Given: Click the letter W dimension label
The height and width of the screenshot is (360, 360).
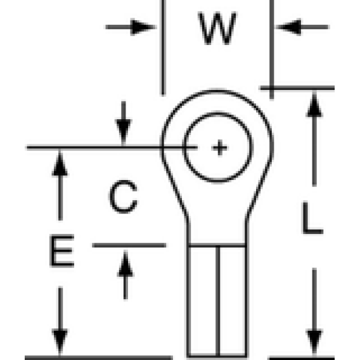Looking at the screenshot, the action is (x=217, y=28).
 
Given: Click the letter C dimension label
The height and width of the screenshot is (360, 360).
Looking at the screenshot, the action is (x=124, y=196).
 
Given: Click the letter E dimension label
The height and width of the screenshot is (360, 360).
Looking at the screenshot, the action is (x=62, y=251).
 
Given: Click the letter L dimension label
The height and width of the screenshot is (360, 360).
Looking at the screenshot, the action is (x=313, y=217).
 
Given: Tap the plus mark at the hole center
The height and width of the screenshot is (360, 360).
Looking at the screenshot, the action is (x=219, y=148).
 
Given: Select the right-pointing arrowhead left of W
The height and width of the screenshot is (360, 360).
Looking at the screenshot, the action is (x=143, y=27).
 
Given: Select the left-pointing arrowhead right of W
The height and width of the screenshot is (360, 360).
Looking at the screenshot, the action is (x=288, y=27).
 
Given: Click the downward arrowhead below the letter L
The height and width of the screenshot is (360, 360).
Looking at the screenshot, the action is (x=314, y=342).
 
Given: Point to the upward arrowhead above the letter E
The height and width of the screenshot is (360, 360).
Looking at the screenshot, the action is (x=60, y=163).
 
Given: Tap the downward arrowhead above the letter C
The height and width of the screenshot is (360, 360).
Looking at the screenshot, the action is (x=124, y=132).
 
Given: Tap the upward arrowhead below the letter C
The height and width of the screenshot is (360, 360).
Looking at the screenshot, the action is (x=125, y=264).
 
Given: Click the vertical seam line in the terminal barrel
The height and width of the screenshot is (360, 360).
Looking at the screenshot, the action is (x=218, y=301).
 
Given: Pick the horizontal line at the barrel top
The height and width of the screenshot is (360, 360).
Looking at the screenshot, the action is (x=217, y=245).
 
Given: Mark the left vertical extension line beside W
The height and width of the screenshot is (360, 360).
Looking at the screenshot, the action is (x=163, y=48).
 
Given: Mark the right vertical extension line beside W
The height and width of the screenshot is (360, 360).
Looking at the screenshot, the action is (x=272, y=49).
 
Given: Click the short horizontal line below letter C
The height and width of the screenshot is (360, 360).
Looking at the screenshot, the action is (x=129, y=245).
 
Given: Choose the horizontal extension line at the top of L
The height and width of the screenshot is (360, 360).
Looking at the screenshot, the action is (x=297, y=88).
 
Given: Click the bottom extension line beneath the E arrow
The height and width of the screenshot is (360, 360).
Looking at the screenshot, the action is (x=99, y=357).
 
